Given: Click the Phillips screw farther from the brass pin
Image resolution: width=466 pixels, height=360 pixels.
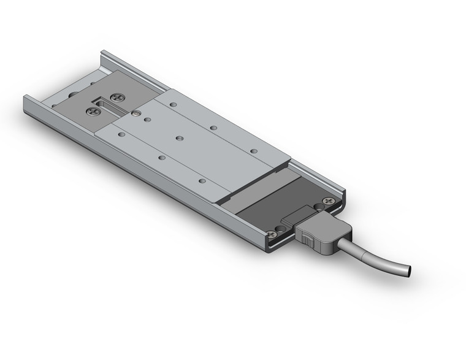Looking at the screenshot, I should [x=93, y=111].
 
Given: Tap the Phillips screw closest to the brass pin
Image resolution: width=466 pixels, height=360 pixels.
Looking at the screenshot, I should [x=116, y=97].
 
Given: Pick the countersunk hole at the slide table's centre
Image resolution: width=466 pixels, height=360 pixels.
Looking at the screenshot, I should [x=178, y=138].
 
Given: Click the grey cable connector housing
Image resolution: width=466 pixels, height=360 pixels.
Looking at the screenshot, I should [x=325, y=236].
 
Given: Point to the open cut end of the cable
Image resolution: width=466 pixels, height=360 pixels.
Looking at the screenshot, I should [x=407, y=270].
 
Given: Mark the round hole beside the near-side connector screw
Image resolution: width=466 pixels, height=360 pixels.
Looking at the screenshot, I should [x=281, y=228].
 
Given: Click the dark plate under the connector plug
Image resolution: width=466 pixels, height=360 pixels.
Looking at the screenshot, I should [x=270, y=209].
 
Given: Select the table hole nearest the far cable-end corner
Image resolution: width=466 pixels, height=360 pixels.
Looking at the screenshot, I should [x=253, y=150].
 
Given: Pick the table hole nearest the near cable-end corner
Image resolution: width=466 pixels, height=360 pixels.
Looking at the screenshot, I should [x=202, y=181].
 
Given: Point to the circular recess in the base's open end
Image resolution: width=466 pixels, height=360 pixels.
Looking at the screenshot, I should [x=73, y=94].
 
